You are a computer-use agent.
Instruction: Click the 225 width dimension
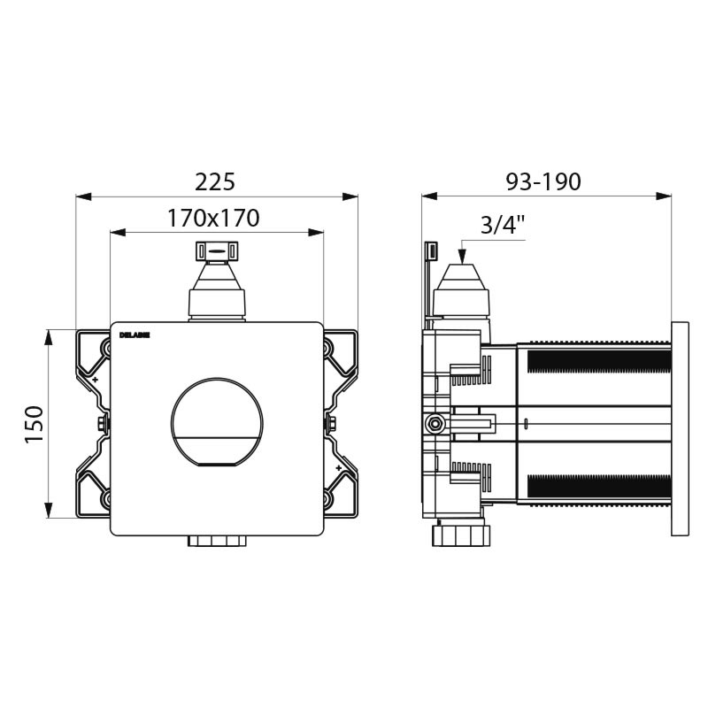[215, 181]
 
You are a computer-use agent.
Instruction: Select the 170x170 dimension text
[213, 218]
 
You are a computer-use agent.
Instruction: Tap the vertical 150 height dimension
[33, 424]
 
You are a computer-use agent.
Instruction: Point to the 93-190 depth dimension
[543, 181]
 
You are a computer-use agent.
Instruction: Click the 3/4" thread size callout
[503, 225]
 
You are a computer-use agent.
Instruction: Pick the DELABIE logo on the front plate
[135, 335]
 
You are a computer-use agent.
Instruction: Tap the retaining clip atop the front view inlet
[217, 250]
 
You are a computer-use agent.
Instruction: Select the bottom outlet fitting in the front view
[217, 541]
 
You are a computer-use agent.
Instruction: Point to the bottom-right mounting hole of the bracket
[328, 498]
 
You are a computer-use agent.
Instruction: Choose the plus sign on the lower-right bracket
[339, 468]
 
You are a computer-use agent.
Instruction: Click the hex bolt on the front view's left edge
[103, 423]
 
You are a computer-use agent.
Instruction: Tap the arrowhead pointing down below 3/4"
[460, 257]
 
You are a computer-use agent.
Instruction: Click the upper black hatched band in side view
[598, 361]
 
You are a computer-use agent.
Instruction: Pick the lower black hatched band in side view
[598, 486]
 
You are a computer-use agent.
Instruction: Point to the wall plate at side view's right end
[680, 428]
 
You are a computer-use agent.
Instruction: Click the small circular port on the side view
[435, 424]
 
